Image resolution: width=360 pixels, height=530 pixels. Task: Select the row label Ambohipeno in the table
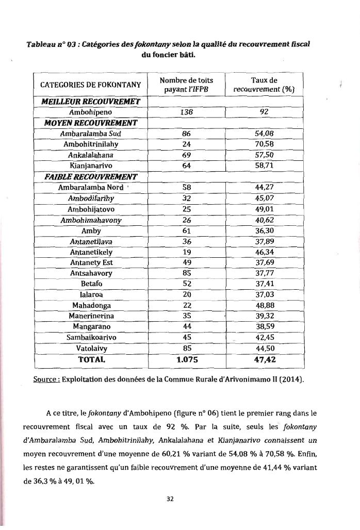point(91,111)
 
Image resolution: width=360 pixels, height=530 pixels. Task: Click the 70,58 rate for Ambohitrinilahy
point(264,144)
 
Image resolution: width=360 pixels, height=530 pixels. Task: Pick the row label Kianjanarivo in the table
point(91,165)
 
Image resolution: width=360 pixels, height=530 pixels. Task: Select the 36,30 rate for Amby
point(264,231)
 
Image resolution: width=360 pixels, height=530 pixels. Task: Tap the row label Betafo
point(91,284)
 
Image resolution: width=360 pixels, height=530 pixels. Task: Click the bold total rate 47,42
point(264,359)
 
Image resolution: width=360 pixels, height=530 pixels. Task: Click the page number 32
point(180,498)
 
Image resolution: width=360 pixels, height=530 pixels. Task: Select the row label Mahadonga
point(91,305)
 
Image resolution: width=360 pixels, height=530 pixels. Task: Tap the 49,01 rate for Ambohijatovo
point(264,209)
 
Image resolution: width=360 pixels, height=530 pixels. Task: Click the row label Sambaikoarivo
point(91,338)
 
